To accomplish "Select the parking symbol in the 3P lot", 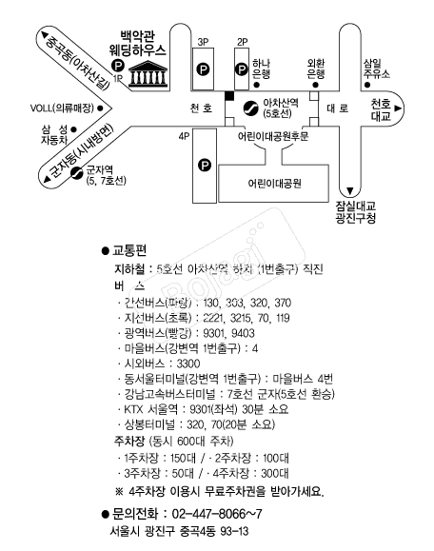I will [203, 69].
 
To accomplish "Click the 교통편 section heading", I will [129, 251].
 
